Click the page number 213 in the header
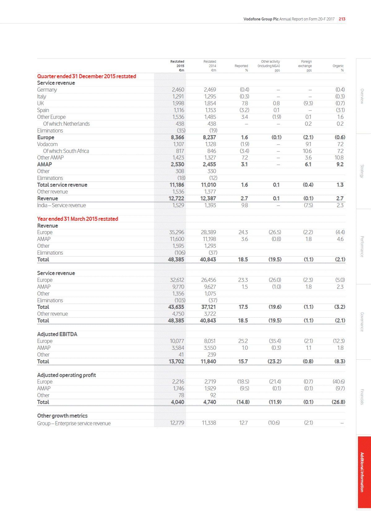(342, 19)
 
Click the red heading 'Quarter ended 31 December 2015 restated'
(87, 76)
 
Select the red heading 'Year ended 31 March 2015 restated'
(78, 219)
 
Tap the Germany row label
(47, 90)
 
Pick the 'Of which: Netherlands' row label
(66, 124)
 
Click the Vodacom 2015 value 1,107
(178, 144)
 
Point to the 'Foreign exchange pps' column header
(305, 66)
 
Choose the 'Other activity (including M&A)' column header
(269, 66)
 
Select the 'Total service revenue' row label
(62, 185)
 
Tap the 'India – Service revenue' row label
(62, 205)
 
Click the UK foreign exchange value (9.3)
(308, 103)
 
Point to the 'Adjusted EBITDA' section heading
(57, 334)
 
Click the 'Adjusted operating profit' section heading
(67, 375)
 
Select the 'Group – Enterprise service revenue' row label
(74, 423)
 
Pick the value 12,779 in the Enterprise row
(177, 423)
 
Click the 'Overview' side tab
(362, 96)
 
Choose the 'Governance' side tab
(362, 322)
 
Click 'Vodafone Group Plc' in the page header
(261, 19)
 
